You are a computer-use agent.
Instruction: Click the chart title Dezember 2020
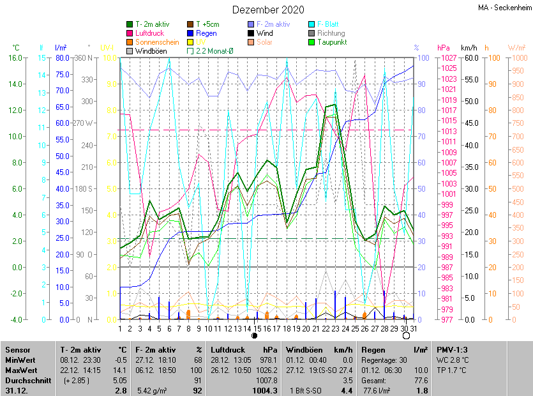268,10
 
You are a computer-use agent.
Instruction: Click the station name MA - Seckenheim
504,8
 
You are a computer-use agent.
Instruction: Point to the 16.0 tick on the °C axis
14,57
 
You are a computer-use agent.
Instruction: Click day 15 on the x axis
257,328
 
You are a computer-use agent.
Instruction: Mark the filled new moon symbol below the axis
254,335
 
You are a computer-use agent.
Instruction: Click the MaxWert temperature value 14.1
120,369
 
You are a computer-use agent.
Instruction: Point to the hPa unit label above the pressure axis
444,48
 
